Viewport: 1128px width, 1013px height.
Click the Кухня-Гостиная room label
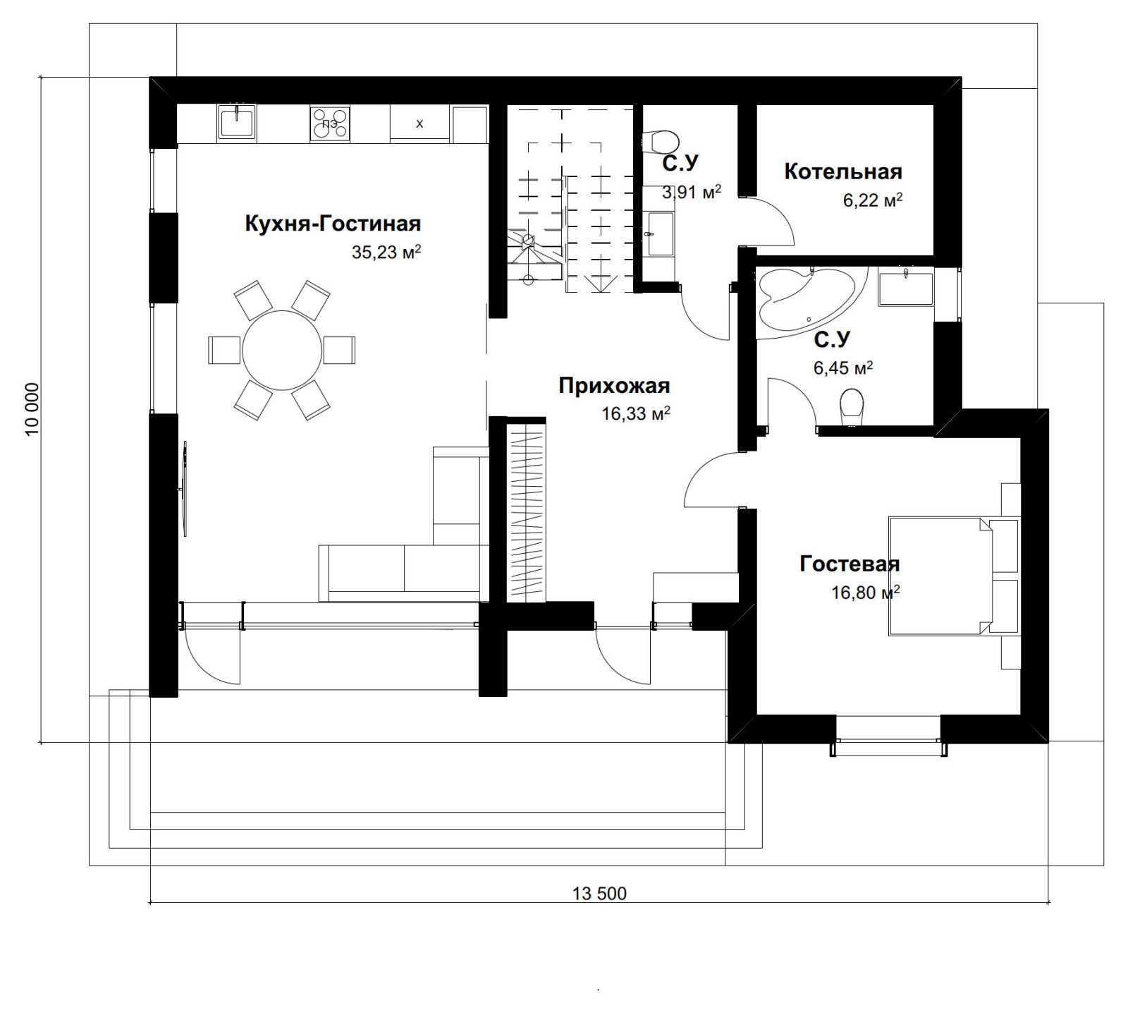pos(333,224)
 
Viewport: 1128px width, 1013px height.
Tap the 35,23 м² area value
pos(386,252)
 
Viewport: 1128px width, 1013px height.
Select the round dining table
pos(282,351)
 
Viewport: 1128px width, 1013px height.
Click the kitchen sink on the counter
pos(237,122)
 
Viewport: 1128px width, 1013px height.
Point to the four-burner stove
pos(330,123)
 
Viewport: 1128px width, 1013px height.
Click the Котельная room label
pos(843,171)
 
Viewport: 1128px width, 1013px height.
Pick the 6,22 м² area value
pos(873,200)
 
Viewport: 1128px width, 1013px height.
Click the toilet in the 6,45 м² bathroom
pos(852,408)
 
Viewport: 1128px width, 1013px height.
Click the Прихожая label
pos(614,386)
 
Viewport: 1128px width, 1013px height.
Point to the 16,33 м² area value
pos(636,414)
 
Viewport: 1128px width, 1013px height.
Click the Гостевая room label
pos(850,564)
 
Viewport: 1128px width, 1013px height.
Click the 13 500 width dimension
pos(599,894)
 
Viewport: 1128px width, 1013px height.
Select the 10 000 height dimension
pos(32,409)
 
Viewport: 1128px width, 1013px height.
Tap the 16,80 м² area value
pos(866,593)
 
